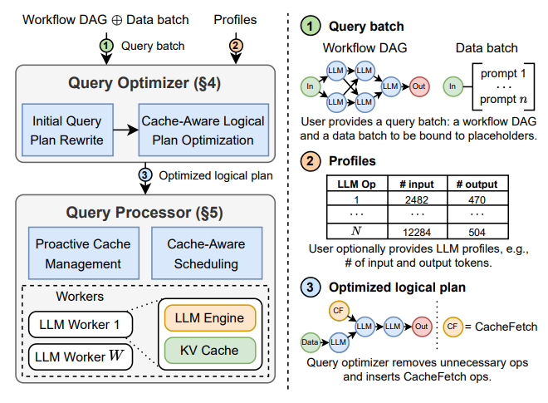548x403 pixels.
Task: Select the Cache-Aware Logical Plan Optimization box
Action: click(203, 130)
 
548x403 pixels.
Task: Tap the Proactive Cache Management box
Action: click(78, 253)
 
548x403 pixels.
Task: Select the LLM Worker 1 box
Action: click(74, 324)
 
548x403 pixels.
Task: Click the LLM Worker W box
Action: click(74, 358)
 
